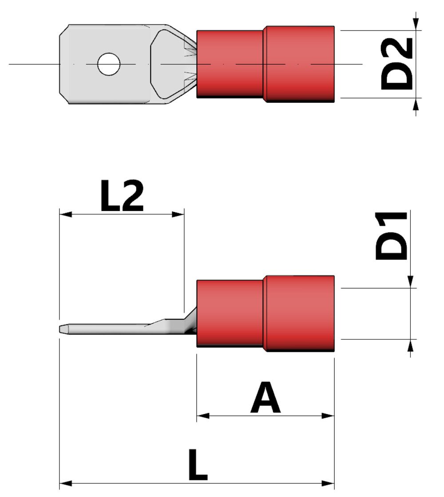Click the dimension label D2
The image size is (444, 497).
pyautogui.click(x=397, y=64)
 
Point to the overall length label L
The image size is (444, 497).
pyautogui.click(x=198, y=465)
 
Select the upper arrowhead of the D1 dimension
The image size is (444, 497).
pyautogui.click(x=411, y=282)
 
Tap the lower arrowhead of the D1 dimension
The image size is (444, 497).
pyautogui.click(x=411, y=345)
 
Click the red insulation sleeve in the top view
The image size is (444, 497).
pyautogui.click(x=265, y=64)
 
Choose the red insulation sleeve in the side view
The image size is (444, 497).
pyautogui.click(x=265, y=313)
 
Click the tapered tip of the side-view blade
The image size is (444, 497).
pyautogui.click(x=63, y=330)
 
